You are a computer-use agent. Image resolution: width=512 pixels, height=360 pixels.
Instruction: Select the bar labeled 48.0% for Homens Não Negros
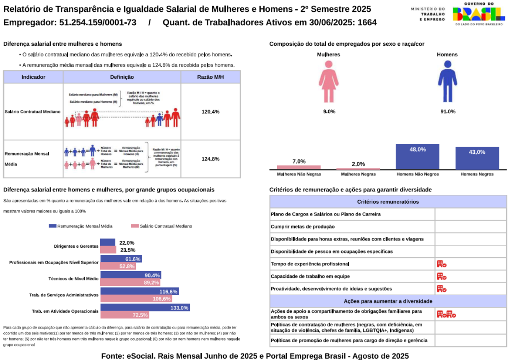click(417, 156)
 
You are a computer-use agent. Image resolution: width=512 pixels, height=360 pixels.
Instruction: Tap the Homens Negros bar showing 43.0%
click(477, 158)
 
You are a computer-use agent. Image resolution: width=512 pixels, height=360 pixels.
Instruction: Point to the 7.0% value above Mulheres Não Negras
click(299, 161)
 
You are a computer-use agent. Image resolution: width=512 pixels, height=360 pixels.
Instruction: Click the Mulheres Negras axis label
click(358, 174)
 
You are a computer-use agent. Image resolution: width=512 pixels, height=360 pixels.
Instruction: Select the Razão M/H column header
click(211, 77)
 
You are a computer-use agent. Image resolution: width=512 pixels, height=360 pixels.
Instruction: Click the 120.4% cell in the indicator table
click(211, 112)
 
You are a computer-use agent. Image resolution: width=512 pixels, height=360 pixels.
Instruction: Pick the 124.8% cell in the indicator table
click(211, 159)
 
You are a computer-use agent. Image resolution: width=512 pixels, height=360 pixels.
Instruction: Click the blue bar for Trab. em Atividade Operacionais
click(145, 308)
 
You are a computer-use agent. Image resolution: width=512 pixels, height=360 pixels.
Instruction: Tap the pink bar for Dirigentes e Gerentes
click(108, 250)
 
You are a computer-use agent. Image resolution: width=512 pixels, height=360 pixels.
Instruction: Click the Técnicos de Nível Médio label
click(73, 279)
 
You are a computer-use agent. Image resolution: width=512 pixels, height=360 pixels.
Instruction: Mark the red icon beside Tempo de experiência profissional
click(442, 264)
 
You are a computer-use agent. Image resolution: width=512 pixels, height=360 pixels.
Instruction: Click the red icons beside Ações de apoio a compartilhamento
click(446, 314)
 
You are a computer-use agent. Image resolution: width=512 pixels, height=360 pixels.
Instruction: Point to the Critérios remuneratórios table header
click(387, 202)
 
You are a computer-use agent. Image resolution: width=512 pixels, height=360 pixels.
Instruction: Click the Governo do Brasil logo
click(478, 13)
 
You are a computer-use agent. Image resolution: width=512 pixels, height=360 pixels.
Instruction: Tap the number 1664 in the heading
click(367, 23)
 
